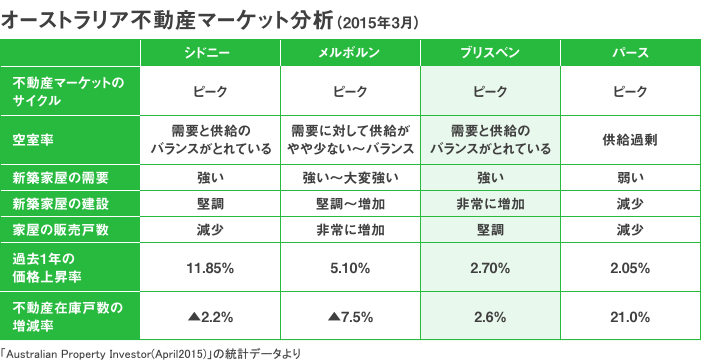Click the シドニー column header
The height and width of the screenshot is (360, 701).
pos(210,53)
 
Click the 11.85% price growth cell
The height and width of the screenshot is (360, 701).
pos(210,268)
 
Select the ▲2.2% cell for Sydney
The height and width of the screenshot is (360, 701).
pos(210,317)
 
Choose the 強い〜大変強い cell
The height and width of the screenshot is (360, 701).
pos(350,178)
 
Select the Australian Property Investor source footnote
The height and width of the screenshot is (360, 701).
pos(150,352)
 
